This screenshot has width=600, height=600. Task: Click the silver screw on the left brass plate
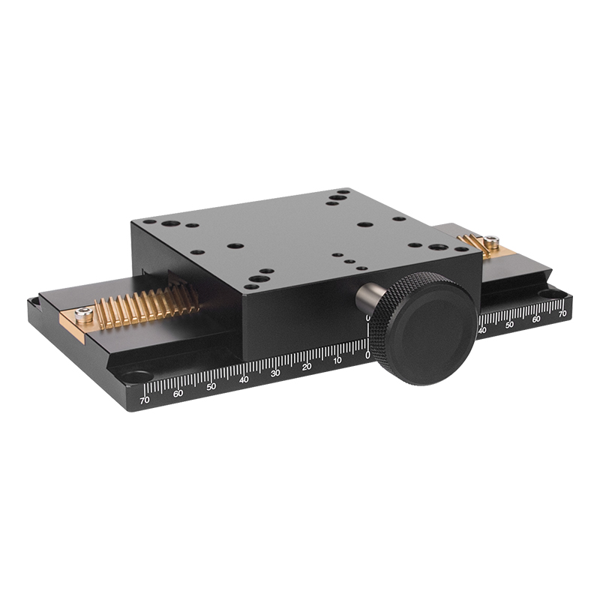[x=84, y=314]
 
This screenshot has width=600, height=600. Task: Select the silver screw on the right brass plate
[x=490, y=241]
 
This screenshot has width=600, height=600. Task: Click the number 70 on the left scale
[x=145, y=400]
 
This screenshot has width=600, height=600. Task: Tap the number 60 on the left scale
[x=178, y=393]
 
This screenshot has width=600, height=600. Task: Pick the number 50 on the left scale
[x=211, y=386]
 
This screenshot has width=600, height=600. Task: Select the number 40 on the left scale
[x=244, y=379]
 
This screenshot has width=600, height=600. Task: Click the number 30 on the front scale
[x=275, y=373]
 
